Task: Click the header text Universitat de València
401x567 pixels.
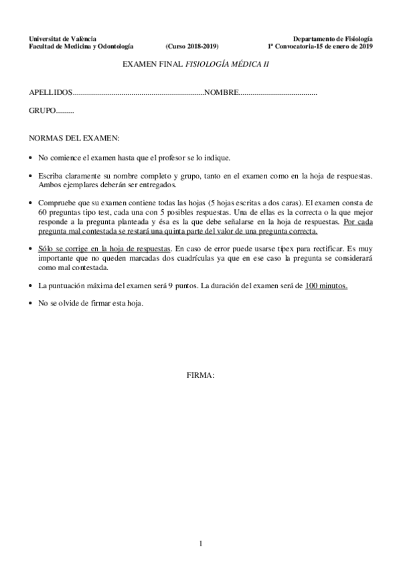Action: pyautogui.click(x=60, y=39)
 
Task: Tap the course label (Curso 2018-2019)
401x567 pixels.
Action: pyautogui.click(x=191, y=47)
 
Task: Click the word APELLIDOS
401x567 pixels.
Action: pyautogui.click(x=50, y=92)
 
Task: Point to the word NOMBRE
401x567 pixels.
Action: pyautogui.click(x=221, y=92)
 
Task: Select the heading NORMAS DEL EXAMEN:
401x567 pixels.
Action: pyautogui.click(x=74, y=138)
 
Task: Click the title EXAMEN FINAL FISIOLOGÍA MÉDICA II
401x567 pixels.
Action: pyautogui.click(x=199, y=65)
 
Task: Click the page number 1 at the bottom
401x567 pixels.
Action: pyautogui.click(x=200, y=543)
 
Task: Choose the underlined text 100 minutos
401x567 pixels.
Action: pyautogui.click(x=326, y=285)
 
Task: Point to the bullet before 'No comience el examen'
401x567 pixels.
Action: pyautogui.click(x=31, y=158)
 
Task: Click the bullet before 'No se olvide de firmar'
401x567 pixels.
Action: pyautogui.click(x=31, y=303)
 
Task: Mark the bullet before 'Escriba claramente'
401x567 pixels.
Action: pyautogui.click(x=31, y=176)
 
